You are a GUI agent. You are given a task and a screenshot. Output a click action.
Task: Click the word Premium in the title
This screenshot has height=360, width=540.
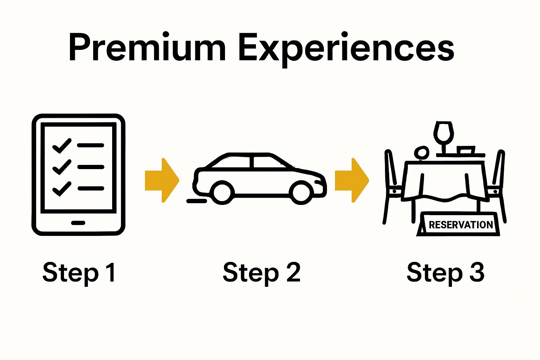click(147, 48)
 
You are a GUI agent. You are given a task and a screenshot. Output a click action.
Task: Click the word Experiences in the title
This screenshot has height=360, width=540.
click(346, 49)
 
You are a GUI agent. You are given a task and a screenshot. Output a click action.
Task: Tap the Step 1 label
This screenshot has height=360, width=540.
click(79, 272)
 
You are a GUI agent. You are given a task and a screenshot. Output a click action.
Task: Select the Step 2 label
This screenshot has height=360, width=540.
click(262, 272)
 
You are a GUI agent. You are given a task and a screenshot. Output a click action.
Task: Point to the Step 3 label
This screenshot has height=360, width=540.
click(445, 272)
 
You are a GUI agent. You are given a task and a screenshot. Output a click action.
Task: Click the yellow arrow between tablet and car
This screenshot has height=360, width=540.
click(162, 180)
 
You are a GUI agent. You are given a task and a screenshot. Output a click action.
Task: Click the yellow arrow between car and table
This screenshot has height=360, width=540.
click(352, 180)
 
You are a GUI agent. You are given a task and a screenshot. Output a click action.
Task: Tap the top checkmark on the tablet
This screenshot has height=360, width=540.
click(62, 146)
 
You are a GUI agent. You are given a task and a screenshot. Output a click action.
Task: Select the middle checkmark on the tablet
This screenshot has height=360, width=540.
click(62, 167)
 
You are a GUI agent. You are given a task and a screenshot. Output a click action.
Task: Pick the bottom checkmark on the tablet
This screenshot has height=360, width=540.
click(62, 189)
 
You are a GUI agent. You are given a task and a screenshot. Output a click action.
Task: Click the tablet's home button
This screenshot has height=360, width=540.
click(78, 223)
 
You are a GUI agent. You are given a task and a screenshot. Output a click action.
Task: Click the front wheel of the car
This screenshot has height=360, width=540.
click(301, 193)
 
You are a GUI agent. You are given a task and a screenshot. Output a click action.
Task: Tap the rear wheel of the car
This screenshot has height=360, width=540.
click(222, 192)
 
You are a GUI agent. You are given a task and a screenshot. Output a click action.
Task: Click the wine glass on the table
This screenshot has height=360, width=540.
click(444, 134)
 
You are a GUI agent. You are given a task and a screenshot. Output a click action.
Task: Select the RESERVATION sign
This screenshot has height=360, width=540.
click(461, 225)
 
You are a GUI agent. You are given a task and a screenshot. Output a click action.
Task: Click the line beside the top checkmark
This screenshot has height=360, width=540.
click(91, 145)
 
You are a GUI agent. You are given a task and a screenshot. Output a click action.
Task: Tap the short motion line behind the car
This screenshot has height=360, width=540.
click(197, 201)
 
